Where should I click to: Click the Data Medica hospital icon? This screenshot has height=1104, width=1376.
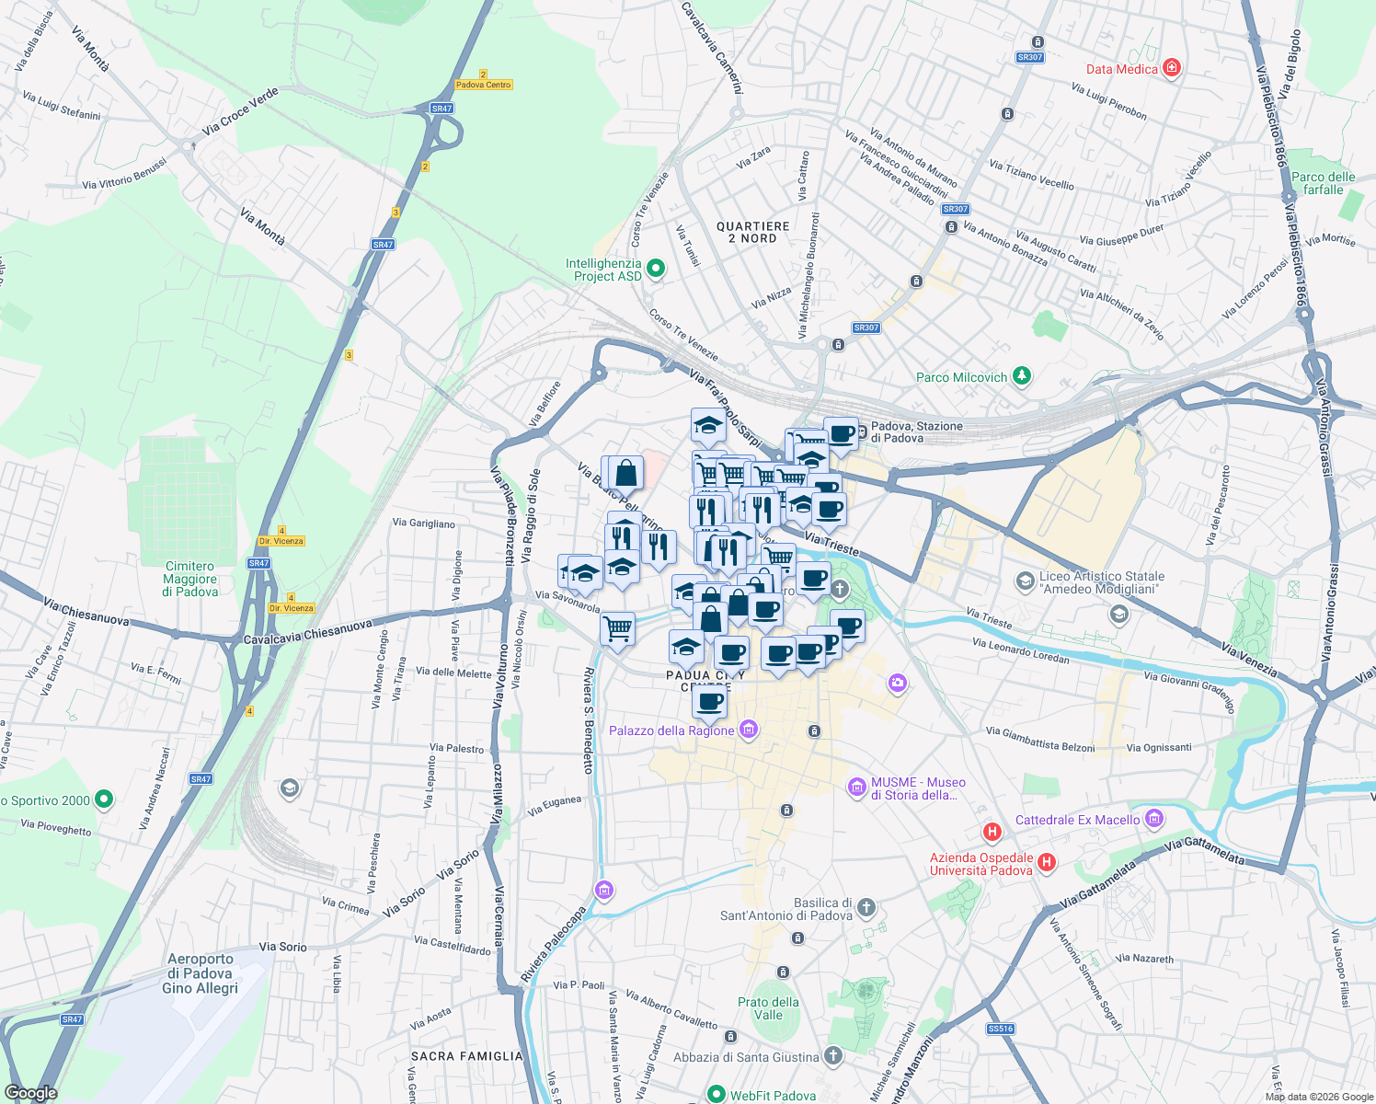(x=1171, y=67)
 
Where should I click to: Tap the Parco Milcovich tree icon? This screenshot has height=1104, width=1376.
(x=1021, y=376)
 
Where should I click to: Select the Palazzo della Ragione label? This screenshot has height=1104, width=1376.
(x=671, y=730)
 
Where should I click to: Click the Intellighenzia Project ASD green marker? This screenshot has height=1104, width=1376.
(x=655, y=269)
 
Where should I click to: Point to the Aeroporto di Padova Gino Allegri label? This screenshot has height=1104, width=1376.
(x=201, y=973)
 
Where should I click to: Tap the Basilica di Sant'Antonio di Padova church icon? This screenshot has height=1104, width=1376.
(x=866, y=909)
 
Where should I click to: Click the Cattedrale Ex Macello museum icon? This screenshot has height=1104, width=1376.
(x=1155, y=819)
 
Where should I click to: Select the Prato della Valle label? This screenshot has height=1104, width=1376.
(x=768, y=1008)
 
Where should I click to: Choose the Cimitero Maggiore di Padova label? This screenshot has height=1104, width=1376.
(x=190, y=579)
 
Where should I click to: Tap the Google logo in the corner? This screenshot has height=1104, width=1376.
(x=31, y=1092)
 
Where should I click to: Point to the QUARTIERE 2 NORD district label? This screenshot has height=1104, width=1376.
(x=752, y=232)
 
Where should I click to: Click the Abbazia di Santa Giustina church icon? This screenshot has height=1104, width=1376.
(x=833, y=1056)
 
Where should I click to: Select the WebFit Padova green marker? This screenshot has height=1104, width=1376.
(x=716, y=1094)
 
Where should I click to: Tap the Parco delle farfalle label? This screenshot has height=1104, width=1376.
(x=1323, y=183)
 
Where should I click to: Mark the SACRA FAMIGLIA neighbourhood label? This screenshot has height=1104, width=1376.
(x=466, y=1056)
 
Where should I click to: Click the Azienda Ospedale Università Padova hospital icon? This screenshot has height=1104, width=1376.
(x=1046, y=863)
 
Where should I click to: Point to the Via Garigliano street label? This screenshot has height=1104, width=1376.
(x=423, y=523)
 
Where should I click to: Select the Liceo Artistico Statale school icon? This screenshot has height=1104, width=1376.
(x=1024, y=581)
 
